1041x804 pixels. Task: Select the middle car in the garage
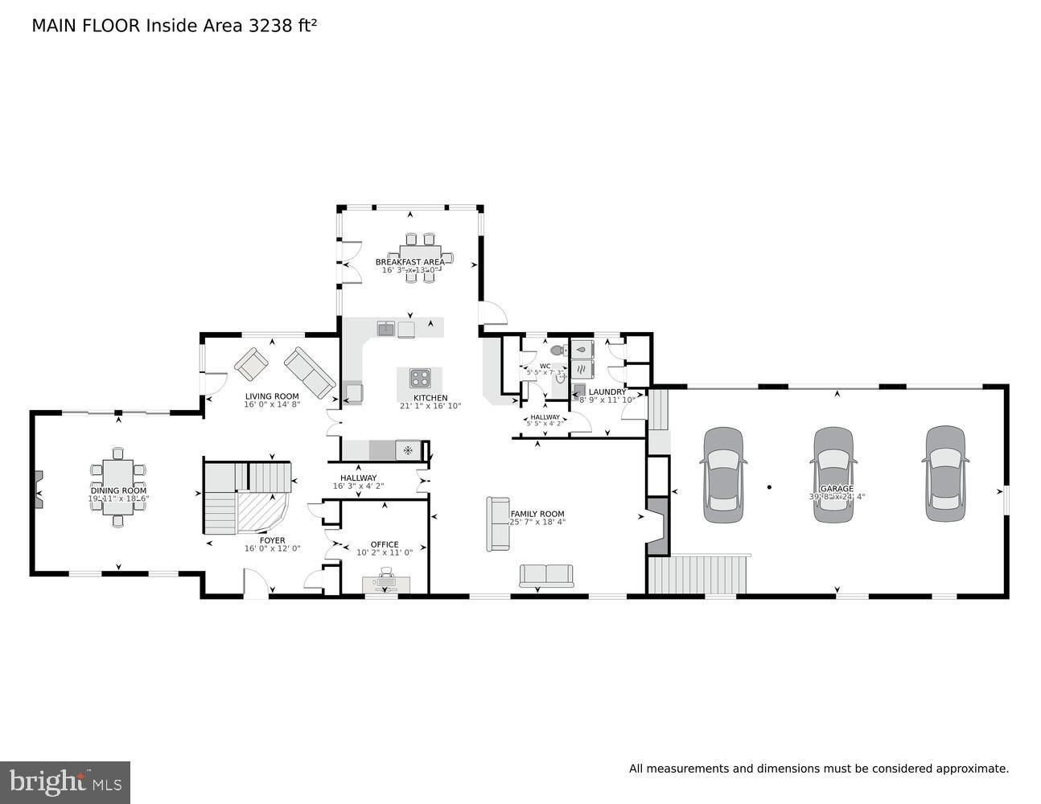point(833,474)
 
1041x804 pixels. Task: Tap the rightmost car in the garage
point(944,474)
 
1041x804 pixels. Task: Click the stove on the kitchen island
point(420,378)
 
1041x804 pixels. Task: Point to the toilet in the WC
point(557,351)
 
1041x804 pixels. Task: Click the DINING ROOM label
point(118,490)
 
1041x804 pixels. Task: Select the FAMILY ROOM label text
point(537,514)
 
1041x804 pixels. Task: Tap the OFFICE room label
point(385,544)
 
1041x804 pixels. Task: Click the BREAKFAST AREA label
point(409,262)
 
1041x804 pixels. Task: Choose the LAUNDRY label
point(607,392)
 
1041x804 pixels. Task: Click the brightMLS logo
point(64,782)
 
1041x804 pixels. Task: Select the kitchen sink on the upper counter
point(386,328)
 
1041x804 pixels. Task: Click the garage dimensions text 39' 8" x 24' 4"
point(837,497)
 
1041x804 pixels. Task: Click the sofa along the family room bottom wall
point(546,576)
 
